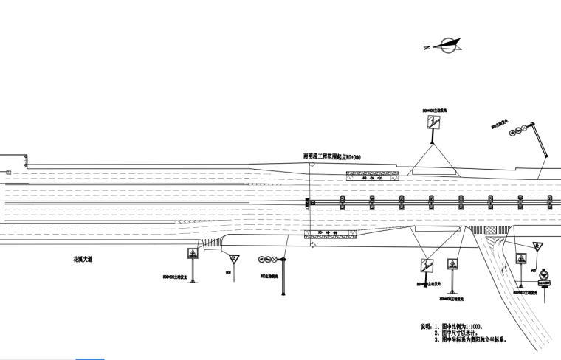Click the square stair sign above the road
click(432, 123)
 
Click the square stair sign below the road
click(426, 265)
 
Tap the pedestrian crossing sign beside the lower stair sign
click(451, 265)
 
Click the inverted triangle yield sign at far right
click(537, 246)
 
